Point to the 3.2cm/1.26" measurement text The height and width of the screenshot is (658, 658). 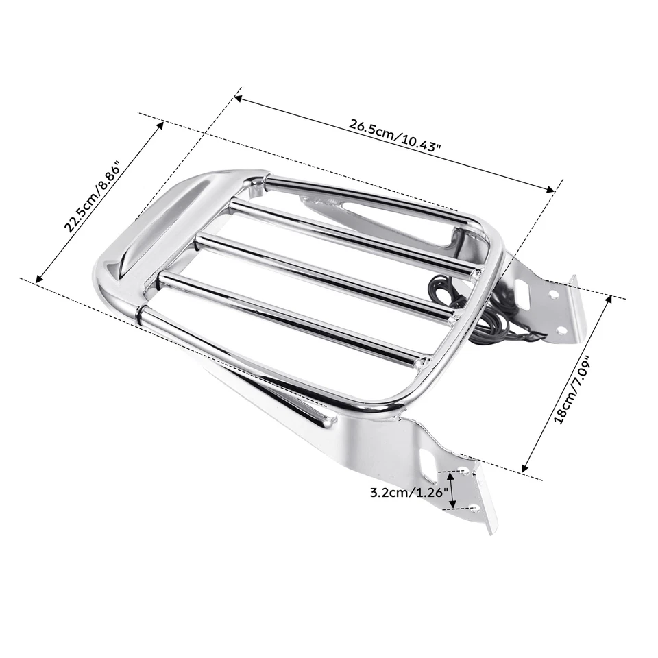409,491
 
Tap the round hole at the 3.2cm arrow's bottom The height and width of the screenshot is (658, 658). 475,508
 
